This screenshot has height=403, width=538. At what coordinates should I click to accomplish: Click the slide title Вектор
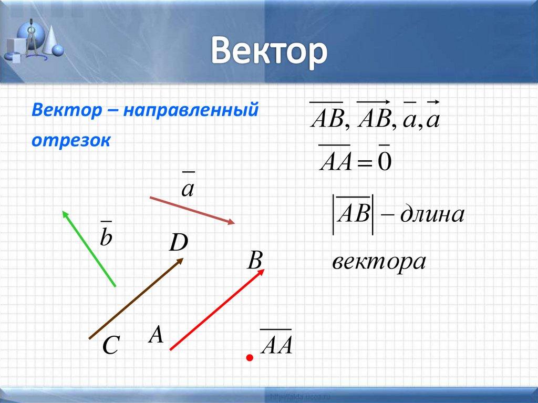tap(270, 54)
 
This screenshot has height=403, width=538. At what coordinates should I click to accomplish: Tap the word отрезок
tap(70, 141)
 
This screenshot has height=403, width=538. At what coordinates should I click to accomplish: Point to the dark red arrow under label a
tap(192, 210)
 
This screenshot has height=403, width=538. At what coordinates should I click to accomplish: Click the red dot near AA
tap(250, 358)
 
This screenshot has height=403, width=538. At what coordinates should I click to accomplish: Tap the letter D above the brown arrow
tap(178, 243)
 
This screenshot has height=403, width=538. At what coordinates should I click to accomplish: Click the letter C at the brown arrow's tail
tap(111, 346)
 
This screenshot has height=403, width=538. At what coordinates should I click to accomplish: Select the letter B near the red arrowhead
tap(255, 261)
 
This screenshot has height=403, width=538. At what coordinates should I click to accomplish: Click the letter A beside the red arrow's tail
tap(156, 335)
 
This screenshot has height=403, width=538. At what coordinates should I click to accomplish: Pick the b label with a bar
tap(106, 235)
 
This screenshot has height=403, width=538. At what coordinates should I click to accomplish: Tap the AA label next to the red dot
tap(276, 344)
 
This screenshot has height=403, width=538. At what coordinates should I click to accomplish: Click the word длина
tap(432, 214)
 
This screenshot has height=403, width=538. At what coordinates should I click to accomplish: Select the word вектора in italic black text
tap(378, 262)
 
